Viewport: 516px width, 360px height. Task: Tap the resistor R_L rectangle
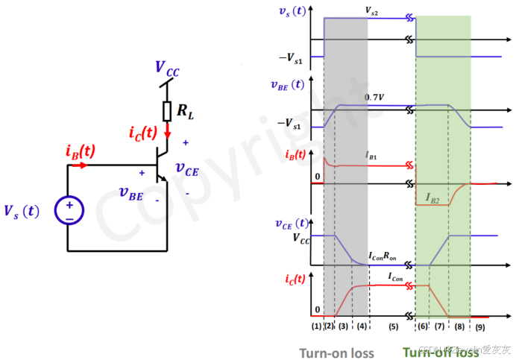pos(168,111)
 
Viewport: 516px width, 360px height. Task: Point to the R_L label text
pos(185,112)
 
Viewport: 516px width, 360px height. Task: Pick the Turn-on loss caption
pos(337,353)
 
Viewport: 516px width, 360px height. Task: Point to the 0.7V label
pos(374,98)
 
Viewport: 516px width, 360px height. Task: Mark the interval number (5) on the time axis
pos(393,326)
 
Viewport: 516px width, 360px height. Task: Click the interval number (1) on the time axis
pos(317,326)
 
